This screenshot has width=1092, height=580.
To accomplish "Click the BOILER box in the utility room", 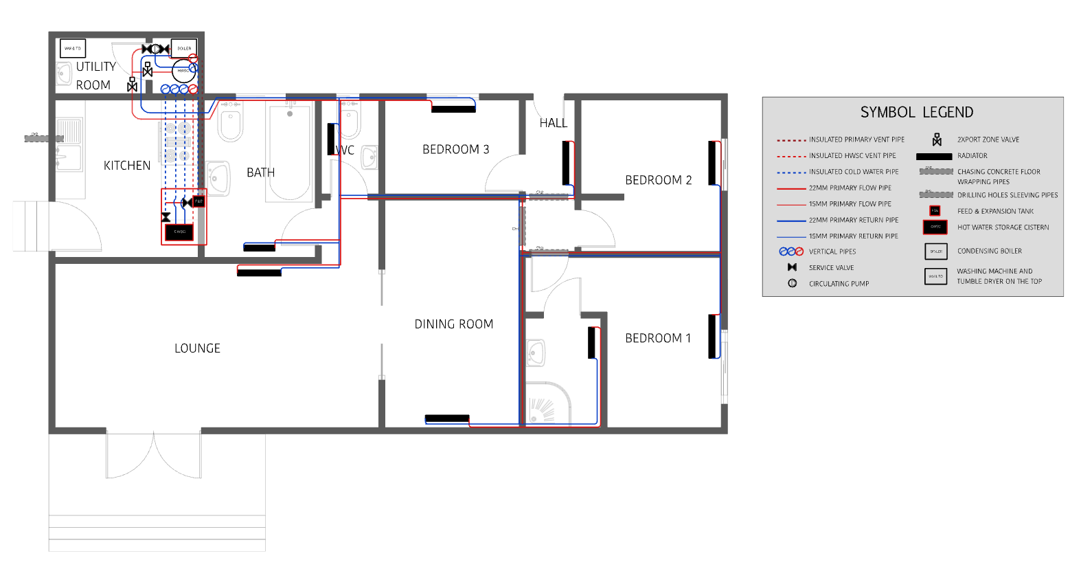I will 184,49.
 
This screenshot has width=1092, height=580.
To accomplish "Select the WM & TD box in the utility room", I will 73,49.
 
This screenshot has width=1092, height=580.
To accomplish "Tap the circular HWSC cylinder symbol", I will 183,71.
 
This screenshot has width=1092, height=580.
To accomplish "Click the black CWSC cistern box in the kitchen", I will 179,232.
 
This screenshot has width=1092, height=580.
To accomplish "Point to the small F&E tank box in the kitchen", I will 198,201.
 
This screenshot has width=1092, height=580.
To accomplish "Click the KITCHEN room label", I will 127,166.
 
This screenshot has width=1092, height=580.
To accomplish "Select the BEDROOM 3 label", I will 455,150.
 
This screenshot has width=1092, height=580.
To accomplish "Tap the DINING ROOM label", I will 453,324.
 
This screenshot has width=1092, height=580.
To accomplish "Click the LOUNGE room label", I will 197,348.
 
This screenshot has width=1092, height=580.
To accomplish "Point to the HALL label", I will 553,123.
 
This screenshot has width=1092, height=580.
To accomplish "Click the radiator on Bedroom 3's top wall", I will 453,109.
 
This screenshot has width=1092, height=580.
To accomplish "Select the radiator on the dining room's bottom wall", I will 447,419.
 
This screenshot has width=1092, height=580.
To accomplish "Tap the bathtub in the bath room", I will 290,153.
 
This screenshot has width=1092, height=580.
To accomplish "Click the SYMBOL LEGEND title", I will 916,113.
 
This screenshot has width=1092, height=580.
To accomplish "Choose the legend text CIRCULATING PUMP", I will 839,284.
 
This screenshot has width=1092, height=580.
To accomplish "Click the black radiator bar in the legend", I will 934,157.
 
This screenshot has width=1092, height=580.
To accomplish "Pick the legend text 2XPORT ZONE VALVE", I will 988,140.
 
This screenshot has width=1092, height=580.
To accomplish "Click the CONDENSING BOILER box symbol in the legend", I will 935,252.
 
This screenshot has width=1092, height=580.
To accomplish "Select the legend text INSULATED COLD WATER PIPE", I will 853,172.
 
